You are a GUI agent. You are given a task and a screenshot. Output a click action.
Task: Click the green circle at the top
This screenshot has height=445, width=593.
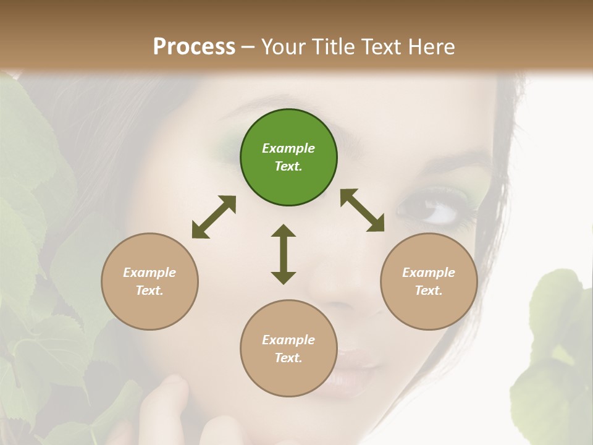(288, 158)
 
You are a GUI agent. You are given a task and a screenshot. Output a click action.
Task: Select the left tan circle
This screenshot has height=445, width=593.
(149, 282)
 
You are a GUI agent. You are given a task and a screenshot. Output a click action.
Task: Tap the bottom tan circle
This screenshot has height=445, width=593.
(288, 348)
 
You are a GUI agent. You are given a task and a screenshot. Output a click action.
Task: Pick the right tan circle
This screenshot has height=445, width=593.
(429, 282)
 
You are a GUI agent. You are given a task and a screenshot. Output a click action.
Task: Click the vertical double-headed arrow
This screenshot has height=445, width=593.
(284, 254)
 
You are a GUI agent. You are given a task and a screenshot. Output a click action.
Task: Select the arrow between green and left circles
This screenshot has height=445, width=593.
(214, 217)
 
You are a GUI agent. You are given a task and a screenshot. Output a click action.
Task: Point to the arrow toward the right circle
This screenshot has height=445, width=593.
(363, 210)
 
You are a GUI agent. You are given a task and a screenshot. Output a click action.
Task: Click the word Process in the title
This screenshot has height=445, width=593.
(194, 46)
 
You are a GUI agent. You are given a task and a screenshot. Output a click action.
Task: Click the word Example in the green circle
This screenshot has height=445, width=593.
(288, 148)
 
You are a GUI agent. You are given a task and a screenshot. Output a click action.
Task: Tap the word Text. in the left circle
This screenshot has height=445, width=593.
(149, 290)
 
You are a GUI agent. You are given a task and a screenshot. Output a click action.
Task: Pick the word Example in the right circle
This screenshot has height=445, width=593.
(429, 273)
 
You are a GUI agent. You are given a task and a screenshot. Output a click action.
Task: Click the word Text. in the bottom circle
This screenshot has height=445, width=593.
(288, 358)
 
